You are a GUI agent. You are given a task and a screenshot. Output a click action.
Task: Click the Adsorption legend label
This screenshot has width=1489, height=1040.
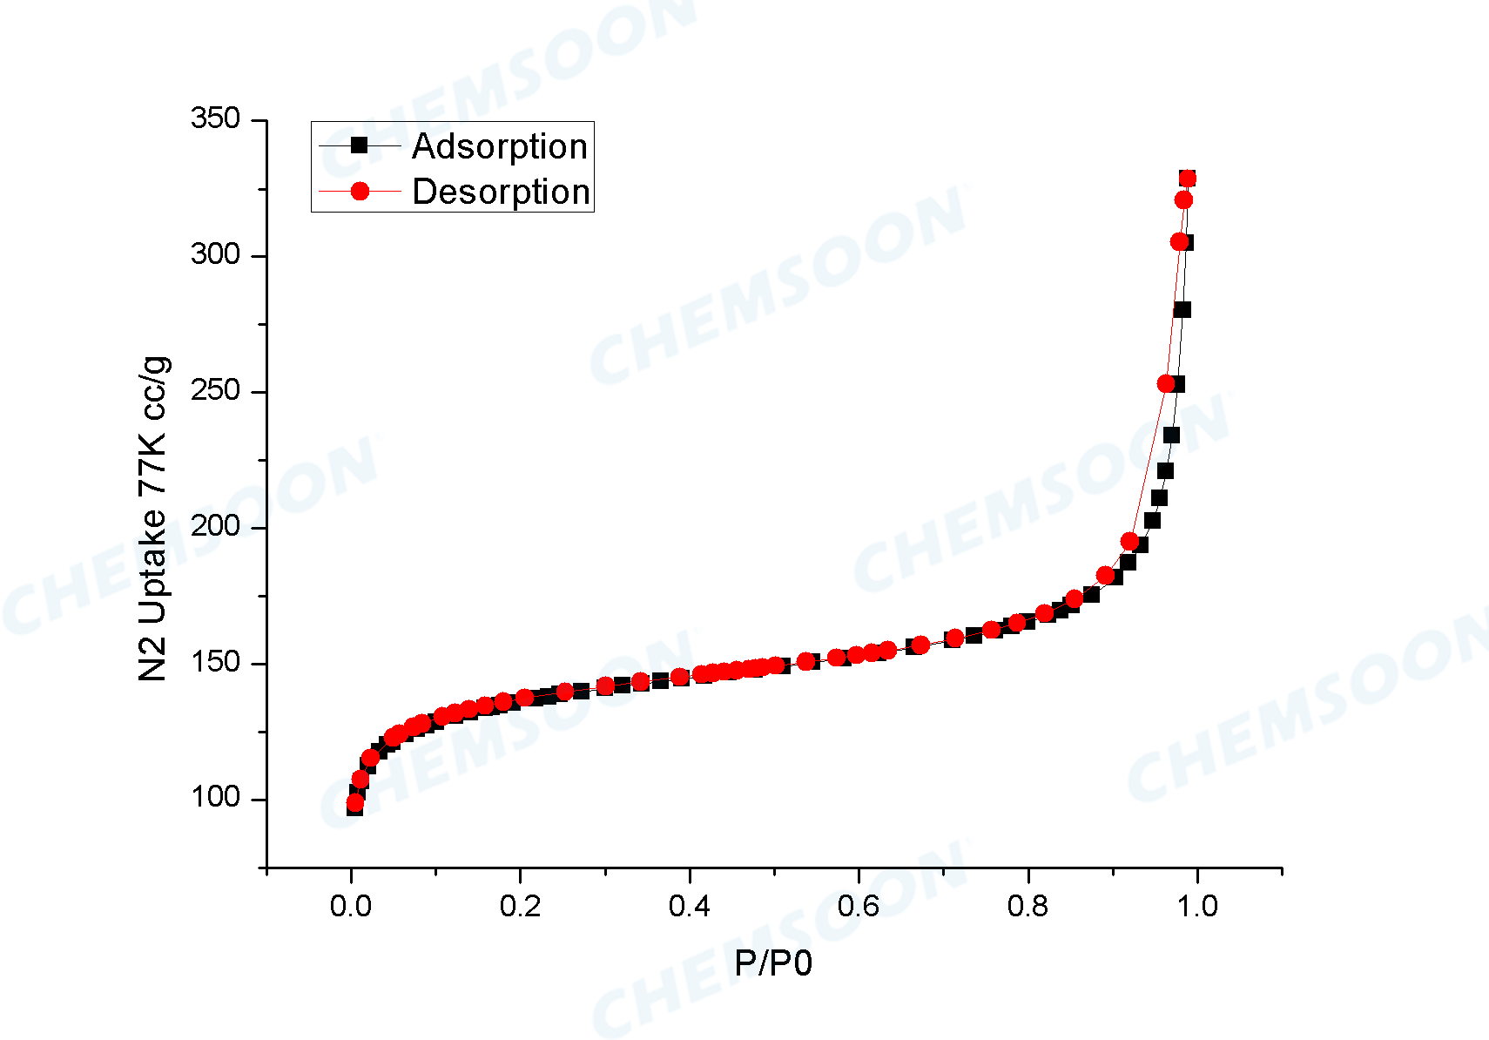[x=500, y=146]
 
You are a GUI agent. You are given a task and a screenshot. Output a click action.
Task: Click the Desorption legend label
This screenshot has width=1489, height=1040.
[x=501, y=192]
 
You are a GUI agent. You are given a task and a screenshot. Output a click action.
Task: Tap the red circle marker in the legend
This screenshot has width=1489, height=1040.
[x=359, y=191]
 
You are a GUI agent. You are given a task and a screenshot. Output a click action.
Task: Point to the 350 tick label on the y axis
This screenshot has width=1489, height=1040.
[x=215, y=118]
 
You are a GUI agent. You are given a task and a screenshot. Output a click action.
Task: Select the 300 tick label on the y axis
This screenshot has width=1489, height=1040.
[x=215, y=254]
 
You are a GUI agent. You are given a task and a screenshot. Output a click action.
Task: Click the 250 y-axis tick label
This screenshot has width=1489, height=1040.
[x=215, y=390]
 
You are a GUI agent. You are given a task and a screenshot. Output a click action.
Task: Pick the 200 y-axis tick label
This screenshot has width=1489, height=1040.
[x=215, y=526]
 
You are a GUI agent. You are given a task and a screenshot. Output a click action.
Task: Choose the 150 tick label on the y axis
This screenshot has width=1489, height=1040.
[x=215, y=662]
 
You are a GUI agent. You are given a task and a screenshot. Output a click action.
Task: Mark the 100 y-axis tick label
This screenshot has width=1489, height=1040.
[x=215, y=798]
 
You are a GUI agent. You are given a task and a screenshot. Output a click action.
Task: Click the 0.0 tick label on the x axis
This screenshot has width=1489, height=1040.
[x=351, y=907]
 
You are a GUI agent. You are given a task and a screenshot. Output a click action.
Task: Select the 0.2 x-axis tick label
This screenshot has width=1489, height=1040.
[x=520, y=907]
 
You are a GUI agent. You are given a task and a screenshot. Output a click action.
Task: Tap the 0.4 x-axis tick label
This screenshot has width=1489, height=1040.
[x=689, y=907]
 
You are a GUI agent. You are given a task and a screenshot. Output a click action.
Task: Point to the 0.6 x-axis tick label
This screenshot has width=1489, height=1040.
[x=859, y=907]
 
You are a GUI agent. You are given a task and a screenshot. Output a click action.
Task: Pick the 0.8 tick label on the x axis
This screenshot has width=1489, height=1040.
[x=1028, y=907]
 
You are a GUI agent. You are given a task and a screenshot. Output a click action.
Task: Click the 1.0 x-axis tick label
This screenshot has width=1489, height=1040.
[x=1197, y=907]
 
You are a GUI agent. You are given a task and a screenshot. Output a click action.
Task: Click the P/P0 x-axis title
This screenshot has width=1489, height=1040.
[x=773, y=963]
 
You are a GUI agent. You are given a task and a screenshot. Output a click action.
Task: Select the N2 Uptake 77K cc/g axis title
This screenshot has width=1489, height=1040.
[x=154, y=519]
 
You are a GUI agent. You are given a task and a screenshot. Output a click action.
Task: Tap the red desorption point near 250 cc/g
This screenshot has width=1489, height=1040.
[x=1166, y=383]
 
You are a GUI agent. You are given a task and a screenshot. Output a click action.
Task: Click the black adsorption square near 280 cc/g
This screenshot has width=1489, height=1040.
[x=1182, y=310]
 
